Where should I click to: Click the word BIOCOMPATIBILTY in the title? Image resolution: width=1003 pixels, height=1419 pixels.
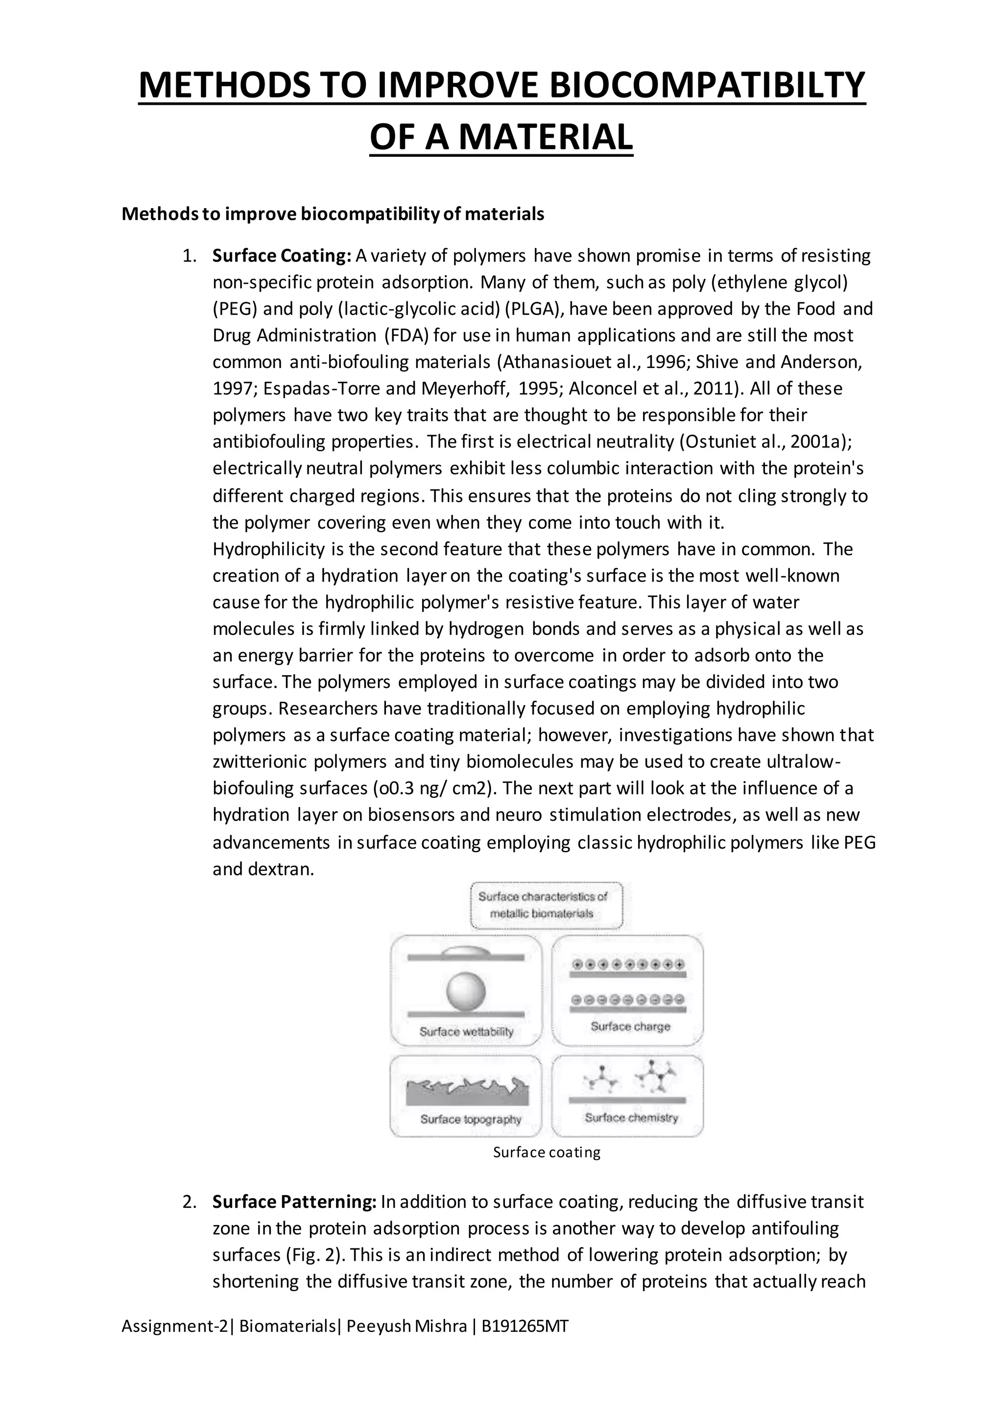tap(707, 85)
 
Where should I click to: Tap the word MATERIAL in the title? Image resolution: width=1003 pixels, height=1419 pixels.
tap(546, 137)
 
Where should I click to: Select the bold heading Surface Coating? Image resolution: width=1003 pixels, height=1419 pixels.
tap(282, 256)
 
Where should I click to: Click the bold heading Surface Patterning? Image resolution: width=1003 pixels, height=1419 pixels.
tap(294, 1201)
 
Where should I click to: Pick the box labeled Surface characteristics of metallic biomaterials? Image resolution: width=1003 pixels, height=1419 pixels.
tap(546, 905)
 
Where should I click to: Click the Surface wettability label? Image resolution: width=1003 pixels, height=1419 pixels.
tap(466, 1031)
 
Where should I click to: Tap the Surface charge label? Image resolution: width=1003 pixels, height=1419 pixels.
tap(630, 1027)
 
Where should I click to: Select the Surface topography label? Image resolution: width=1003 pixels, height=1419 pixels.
tap(471, 1119)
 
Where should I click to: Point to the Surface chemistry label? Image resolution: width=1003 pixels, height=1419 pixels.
tap(631, 1117)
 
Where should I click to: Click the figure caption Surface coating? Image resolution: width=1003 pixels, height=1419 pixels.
tap(547, 1152)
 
